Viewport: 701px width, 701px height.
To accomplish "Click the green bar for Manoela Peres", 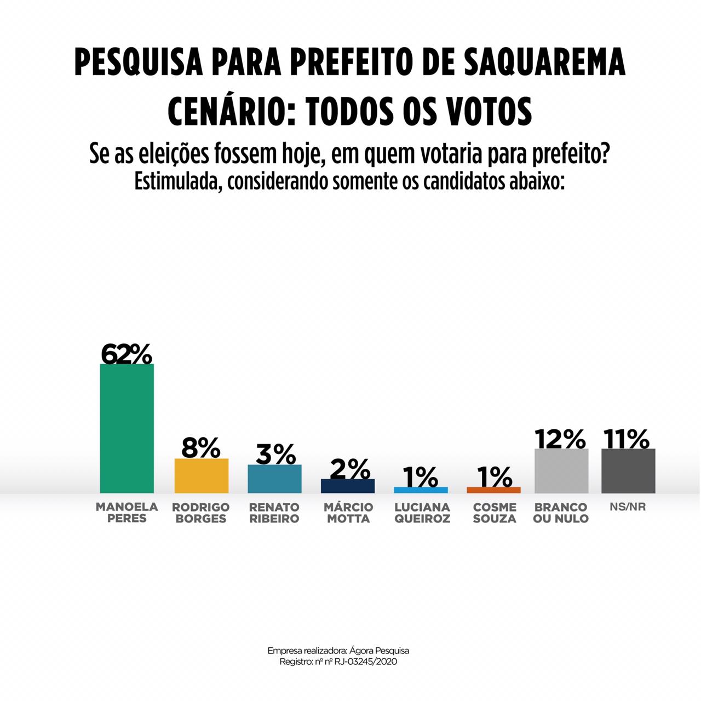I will (x=127, y=428).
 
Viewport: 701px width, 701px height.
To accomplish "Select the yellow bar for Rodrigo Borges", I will (x=201, y=475).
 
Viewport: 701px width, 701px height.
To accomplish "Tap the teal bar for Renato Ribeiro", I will (x=274, y=479).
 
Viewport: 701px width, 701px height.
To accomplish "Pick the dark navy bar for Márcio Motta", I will (x=348, y=486).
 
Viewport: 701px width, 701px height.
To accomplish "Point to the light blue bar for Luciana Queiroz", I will (x=421, y=490).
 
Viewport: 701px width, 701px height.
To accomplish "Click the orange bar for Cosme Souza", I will (x=493, y=490).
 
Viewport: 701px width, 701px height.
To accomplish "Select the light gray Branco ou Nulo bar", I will (x=561, y=470).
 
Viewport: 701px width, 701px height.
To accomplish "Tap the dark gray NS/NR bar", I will (x=628, y=470).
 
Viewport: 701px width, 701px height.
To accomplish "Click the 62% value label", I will (x=127, y=354).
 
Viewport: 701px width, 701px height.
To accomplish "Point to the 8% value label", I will (x=201, y=449).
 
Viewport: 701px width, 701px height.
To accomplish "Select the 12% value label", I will (x=561, y=439).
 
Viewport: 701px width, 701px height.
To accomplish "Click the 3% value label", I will (x=275, y=455).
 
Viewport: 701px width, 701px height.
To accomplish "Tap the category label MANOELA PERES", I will (x=127, y=513).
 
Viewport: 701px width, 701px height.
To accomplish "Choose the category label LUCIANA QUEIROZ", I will (x=422, y=513).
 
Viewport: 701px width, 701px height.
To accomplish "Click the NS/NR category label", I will (x=628, y=507).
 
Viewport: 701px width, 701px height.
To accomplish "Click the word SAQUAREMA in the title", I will (x=544, y=62).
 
